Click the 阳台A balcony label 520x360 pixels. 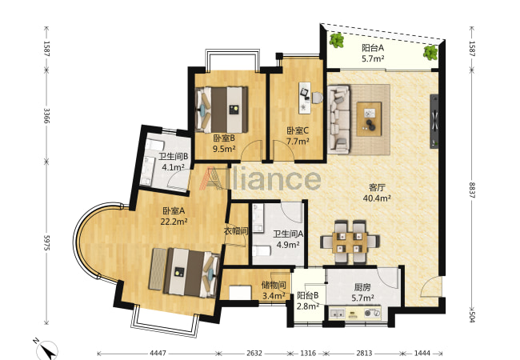click(373, 48)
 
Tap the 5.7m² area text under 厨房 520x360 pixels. click(363, 298)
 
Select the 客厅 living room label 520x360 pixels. click(377, 187)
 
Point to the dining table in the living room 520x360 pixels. click(350, 242)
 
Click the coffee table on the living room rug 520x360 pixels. click(369, 118)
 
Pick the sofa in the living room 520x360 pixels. click(339, 119)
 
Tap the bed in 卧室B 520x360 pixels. click(222, 110)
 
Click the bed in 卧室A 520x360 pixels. click(184, 273)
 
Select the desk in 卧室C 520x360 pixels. click(305, 98)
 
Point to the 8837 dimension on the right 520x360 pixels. click(472, 190)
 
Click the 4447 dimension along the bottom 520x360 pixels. click(158, 353)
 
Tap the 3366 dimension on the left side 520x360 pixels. click(46, 115)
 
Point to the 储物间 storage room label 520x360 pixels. click(274, 285)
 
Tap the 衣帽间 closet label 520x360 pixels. click(236, 231)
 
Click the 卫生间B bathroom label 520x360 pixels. click(173, 156)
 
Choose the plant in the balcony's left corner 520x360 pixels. click(337, 41)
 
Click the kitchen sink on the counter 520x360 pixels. click(337, 314)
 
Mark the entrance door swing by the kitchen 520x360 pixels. click(430, 286)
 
